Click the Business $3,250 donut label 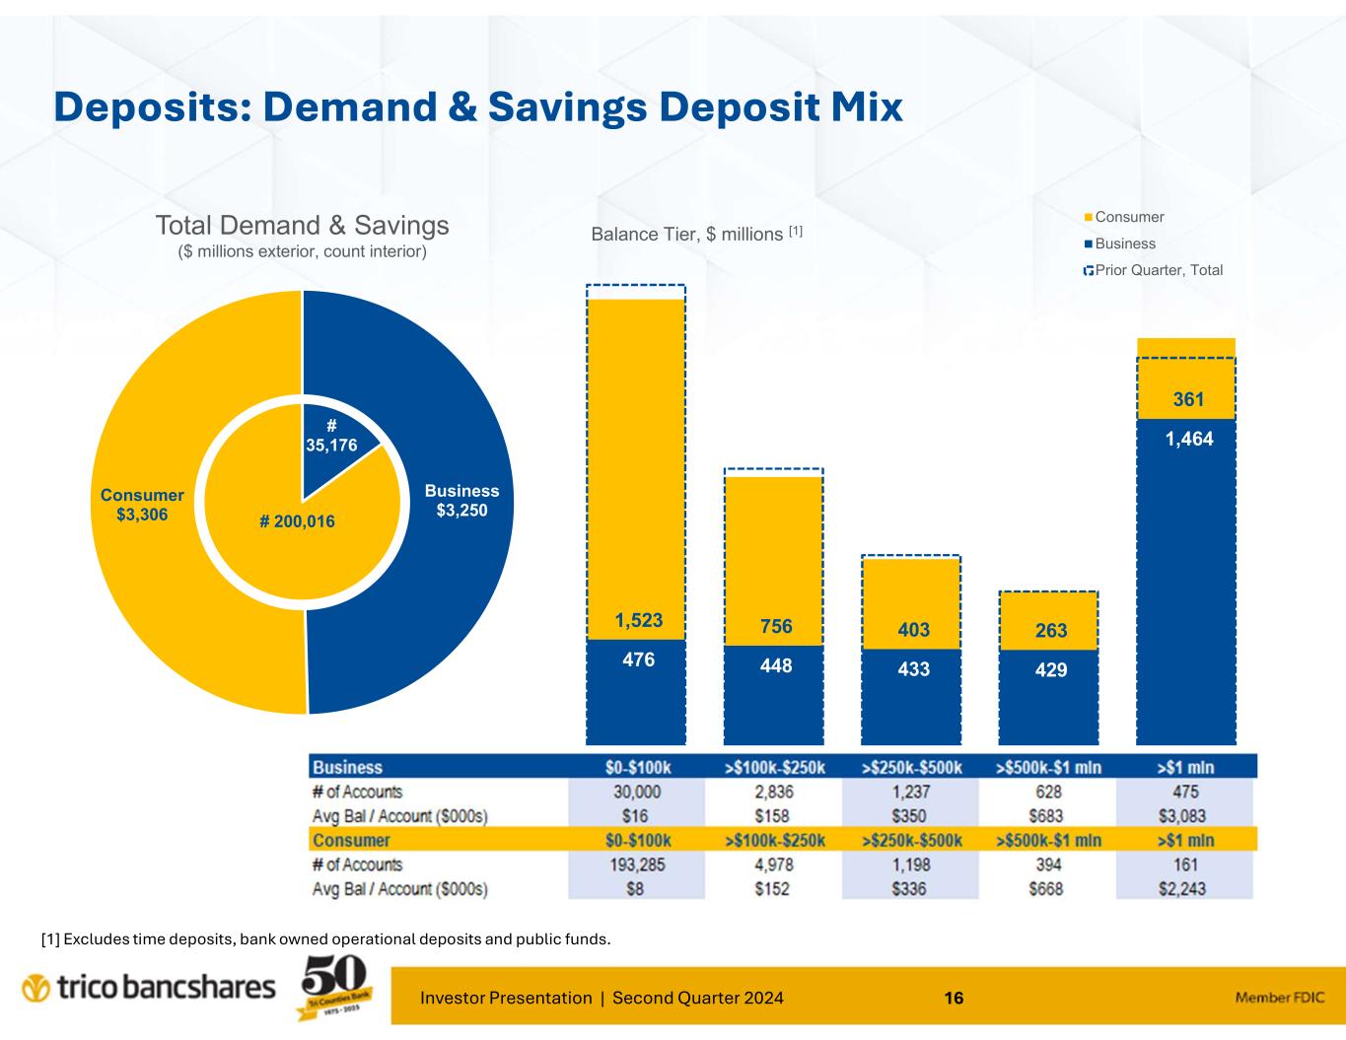point(461,501)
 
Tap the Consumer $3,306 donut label point(142,505)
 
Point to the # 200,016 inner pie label point(297,521)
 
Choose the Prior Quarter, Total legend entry point(1153,270)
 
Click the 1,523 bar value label point(639,621)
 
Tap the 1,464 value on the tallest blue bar point(1188,441)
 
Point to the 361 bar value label point(1187,400)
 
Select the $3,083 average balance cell point(1185,817)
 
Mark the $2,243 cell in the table point(1185,889)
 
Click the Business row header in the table point(347,768)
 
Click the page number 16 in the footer point(954,999)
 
